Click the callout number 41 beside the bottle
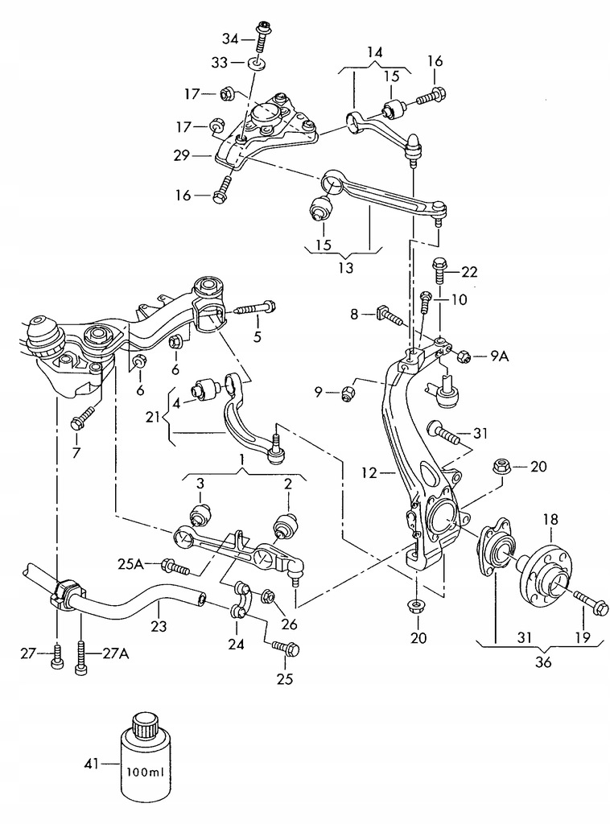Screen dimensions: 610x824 pos(92,763)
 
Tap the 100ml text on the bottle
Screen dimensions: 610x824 pos(145,772)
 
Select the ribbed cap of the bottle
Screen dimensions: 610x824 pos(143,726)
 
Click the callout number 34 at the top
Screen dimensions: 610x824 pos(230,39)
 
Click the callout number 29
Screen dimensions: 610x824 pos(182,156)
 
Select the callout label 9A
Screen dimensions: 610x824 pos(500,356)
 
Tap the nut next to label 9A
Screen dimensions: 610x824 pos(464,356)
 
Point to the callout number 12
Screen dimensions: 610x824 pos(369,473)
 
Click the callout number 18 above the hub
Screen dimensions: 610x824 pos(550,520)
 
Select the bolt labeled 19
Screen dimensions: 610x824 pos(591,602)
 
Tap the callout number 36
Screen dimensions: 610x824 pos(544,662)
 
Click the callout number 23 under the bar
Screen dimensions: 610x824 pos(159,626)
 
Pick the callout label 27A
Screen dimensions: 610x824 pos(115,653)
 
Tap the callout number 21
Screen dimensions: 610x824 pos(153,418)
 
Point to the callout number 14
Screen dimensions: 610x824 pos(375,52)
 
